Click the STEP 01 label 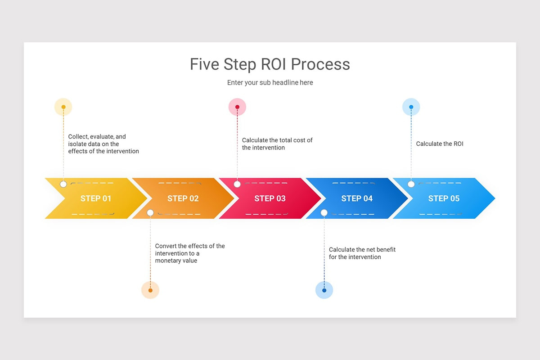(95, 198)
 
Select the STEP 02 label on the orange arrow (183, 198)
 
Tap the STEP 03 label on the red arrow (270, 198)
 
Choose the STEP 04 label (357, 198)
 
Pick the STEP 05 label (444, 198)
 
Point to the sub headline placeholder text (270, 83)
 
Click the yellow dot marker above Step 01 (63, 107)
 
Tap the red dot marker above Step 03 (237, 107)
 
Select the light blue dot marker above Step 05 (411, 107)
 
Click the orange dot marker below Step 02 (150, 290)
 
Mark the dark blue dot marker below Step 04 (324, 290)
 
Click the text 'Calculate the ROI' (439, 144)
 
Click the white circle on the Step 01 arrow (63, 184)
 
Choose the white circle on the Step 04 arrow (324, 212)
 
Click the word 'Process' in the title (320, 64)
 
